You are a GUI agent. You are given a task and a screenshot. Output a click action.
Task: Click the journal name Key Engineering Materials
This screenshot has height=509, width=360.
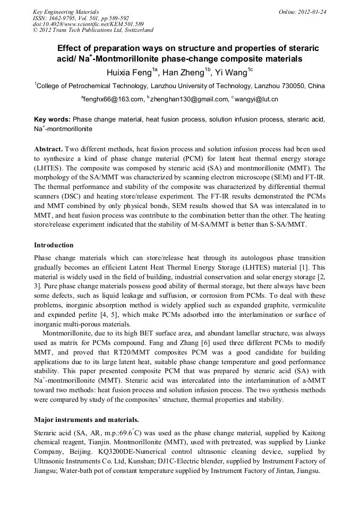point(66,12)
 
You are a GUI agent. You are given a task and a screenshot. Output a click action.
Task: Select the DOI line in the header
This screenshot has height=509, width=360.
point(88,24)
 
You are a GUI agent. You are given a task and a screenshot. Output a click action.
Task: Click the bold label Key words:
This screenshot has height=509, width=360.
point(52,120)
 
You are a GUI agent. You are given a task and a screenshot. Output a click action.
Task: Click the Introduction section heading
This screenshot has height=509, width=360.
point(54,245)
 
